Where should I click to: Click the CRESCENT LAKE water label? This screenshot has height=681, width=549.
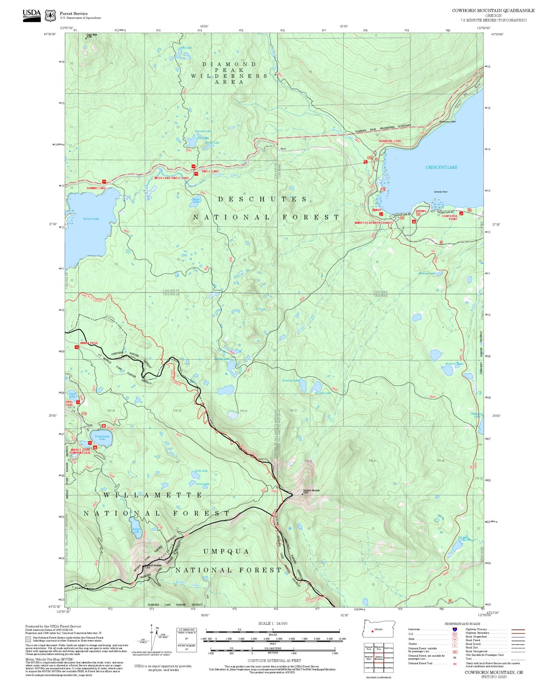click(x=441, y=167)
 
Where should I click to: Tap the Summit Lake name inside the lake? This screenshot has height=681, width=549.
click(x=91, y=219)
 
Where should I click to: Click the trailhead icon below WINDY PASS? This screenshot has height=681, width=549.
click(x=76, y=347)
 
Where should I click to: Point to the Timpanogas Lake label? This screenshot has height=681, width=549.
click(x=102, y=437)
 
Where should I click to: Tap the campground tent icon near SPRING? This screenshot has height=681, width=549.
click(x=414, y=221)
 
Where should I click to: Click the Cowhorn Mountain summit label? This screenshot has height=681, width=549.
click(x=311, y=492)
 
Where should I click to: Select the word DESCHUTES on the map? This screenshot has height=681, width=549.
click(x=262, y=199)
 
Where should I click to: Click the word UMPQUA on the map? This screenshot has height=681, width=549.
click(x=226, y=551)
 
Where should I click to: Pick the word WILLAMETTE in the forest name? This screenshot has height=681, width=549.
click(x=153, y=495)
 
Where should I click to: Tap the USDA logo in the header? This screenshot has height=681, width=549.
click(x=32, y=15)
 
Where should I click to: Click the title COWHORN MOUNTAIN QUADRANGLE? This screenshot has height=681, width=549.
click(x=493, y=10)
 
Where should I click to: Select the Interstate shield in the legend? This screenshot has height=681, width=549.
click(x=455, y=629)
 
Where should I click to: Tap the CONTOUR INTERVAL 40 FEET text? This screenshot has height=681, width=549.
click(x=274, y=661)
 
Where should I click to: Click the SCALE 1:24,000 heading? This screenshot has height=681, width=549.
click(x=273, y=623)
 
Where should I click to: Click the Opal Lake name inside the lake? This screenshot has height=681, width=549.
click(x=72, y=395)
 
